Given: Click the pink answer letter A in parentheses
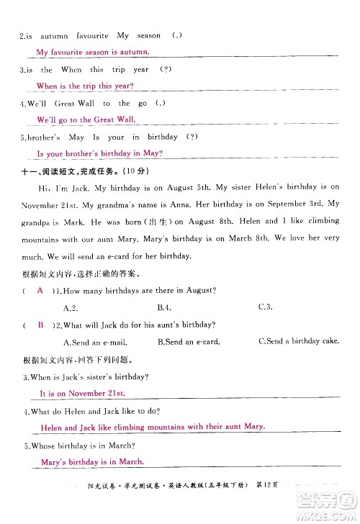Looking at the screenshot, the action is (x=40, y=289).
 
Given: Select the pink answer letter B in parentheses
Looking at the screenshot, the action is (x=40, y=325).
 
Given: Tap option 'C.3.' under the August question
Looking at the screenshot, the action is (x=265, y=307).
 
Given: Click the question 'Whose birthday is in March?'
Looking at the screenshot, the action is (x=82, y=446).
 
